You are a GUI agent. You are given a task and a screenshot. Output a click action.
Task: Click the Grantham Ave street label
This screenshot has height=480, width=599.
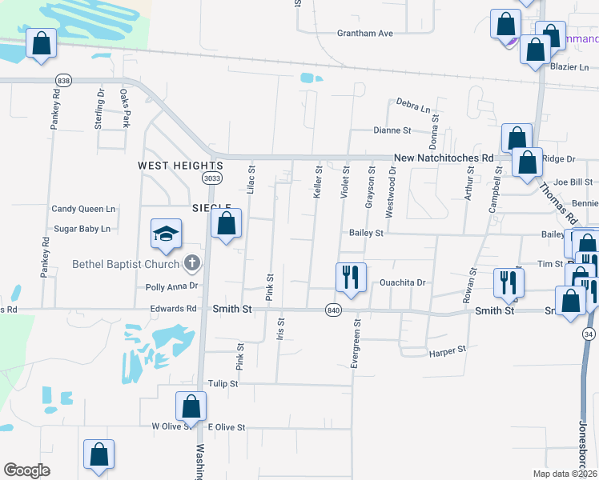click(365, 34)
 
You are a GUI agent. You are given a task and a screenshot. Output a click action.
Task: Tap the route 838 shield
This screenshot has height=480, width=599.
click(63, 81)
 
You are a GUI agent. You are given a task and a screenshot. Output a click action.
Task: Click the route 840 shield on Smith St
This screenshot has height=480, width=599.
click(333, 310)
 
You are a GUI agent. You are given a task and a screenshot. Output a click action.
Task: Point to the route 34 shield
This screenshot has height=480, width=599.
click(589, 335)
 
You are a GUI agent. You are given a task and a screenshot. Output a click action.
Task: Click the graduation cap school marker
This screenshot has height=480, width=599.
click(167, 234)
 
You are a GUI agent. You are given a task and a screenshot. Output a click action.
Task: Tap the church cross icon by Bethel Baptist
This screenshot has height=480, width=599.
click(191, 262)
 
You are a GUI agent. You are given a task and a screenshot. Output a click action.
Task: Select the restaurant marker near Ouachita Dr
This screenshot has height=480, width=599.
click(351, 277)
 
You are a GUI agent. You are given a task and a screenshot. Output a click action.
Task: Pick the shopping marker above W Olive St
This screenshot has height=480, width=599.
click(191, 407)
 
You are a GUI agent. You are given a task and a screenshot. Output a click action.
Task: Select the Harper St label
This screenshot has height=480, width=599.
click(448, 350)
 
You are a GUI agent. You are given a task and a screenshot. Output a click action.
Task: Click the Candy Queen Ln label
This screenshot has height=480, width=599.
click(83, 209)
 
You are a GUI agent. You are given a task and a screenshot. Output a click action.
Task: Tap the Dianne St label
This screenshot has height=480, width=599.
click(392, 130)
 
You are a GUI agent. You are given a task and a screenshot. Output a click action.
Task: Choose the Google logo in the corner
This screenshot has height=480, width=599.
click(26, 470)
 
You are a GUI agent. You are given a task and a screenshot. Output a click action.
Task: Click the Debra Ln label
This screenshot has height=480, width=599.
click(413, 106)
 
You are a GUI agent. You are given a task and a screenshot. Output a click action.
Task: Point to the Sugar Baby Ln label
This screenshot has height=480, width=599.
click(82, 229)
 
